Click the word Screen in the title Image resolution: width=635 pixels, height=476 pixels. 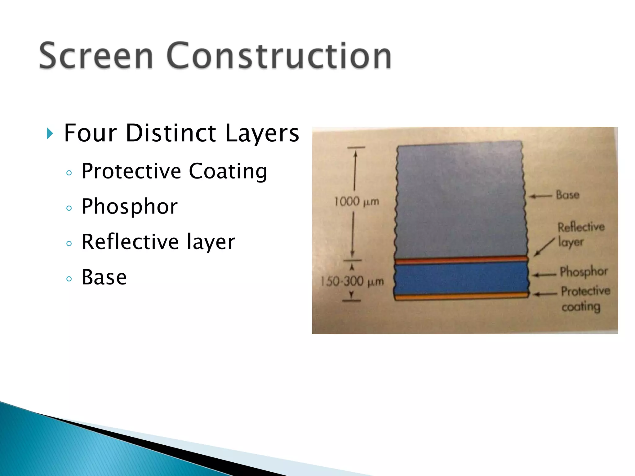coord(96,56)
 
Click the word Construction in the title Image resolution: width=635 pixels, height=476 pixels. coord(278,56)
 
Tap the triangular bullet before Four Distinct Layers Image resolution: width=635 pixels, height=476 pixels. coord(50,134)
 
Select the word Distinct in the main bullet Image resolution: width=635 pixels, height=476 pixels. coord(171,133)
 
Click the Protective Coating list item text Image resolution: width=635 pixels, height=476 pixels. coord(174,171)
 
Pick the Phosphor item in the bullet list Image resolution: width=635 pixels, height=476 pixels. coord(130,207)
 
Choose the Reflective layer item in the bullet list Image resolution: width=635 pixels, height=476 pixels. coord(158,242)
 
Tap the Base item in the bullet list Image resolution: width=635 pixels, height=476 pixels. coord(104,277)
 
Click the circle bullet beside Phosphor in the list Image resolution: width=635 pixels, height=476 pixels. coord(69,208)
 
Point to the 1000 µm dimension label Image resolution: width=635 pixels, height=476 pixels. coord(357,202)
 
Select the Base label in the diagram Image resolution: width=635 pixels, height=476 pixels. coord(567,195)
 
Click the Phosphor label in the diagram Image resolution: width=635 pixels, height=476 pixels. coord(583,272)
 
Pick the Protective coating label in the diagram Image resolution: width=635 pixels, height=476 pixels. coord(584,298)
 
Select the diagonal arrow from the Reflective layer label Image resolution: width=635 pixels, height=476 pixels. coord(544,247)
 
